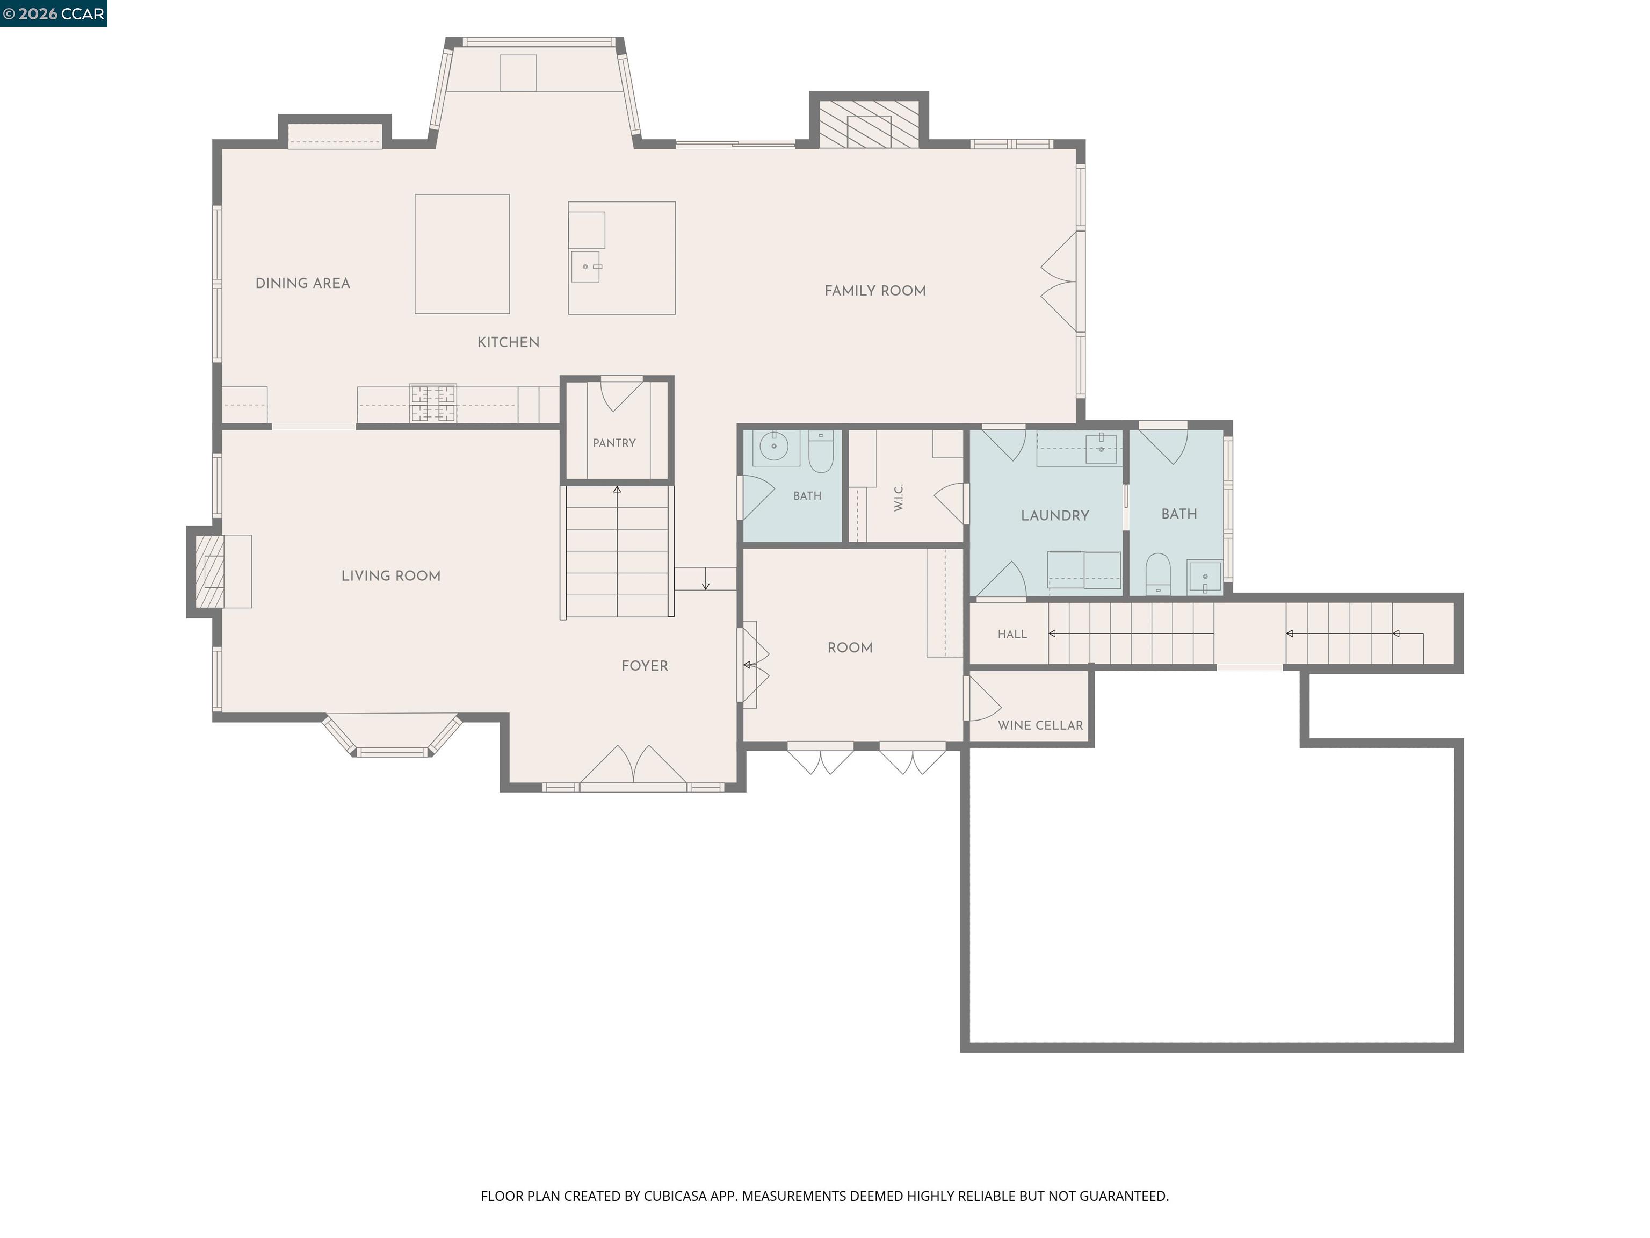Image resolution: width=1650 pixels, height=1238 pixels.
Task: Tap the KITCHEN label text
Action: click(x=508, y=342)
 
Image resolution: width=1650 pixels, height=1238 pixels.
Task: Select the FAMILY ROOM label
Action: click(x=875, y=290)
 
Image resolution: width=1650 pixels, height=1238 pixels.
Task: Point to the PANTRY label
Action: click(x=614, y=443)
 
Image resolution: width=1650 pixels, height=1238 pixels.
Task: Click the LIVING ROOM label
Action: click(x=391, y=575)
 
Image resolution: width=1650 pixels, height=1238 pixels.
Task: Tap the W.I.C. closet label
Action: click(x=898, y=498)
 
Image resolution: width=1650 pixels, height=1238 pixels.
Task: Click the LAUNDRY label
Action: click(x=1055, y=515)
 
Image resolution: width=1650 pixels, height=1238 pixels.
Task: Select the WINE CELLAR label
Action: click(x=1040, y=725)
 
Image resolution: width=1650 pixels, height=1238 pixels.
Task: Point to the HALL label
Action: click(x=1012, y=634)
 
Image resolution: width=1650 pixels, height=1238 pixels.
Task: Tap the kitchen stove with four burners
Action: click(x=433, y=403)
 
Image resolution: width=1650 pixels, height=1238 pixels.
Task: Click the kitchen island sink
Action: click(x=585, y=267)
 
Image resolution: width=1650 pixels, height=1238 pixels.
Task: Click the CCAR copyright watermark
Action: click(x=54, y=13)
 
